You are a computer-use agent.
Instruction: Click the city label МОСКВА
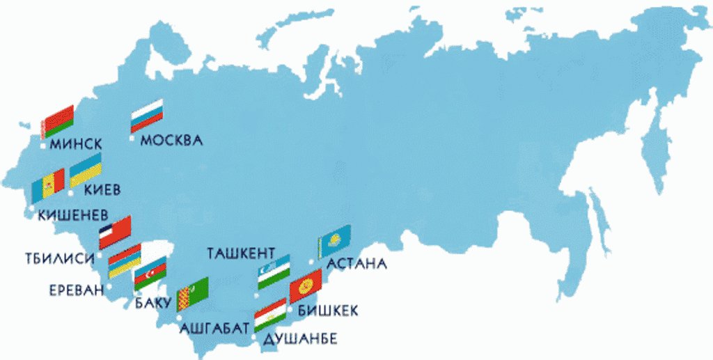[x=171, y=141]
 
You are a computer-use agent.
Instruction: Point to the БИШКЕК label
[x=328, y=311]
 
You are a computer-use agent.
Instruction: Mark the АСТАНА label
[x=356, y=265]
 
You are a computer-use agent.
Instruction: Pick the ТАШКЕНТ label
[x=242, y=253]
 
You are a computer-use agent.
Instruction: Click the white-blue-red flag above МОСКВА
[x=146, y=115]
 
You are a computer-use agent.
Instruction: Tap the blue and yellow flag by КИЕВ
[x=86, y=170]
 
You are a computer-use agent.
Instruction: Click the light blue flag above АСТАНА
[x=334, y=241]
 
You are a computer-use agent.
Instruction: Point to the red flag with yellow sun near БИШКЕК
[x=305, y=285]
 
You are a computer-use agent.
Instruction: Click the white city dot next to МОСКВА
[x=132, y=139]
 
